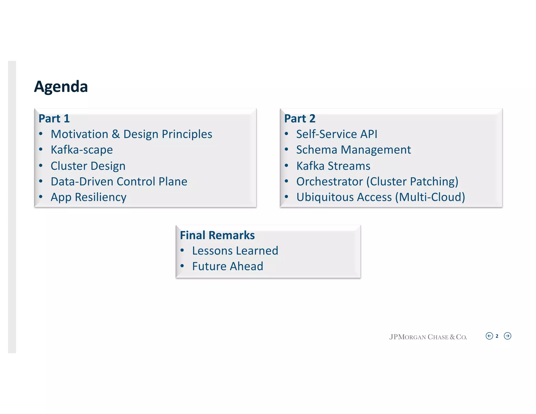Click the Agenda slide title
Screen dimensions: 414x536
coord(61,87)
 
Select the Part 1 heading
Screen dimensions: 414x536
coord(54,119)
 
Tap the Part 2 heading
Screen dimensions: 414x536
coord(300,119)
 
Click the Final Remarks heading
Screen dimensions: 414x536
coord(217,235)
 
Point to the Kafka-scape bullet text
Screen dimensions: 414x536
coord(82,150)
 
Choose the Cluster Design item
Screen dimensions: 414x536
coord(88,166)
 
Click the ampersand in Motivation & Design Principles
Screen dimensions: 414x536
coord(116,134)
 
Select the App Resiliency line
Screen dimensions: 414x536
coord(88,197)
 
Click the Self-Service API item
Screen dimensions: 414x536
coord(337,134)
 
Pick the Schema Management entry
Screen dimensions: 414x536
coord(353,150)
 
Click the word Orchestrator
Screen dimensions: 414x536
coord(330,181)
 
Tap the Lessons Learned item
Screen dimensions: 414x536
coord(235,251)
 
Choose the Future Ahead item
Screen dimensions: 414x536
coord(227,266)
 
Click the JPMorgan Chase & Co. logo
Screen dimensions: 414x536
coord(428,337)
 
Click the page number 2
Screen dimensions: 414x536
coord(497,336)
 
